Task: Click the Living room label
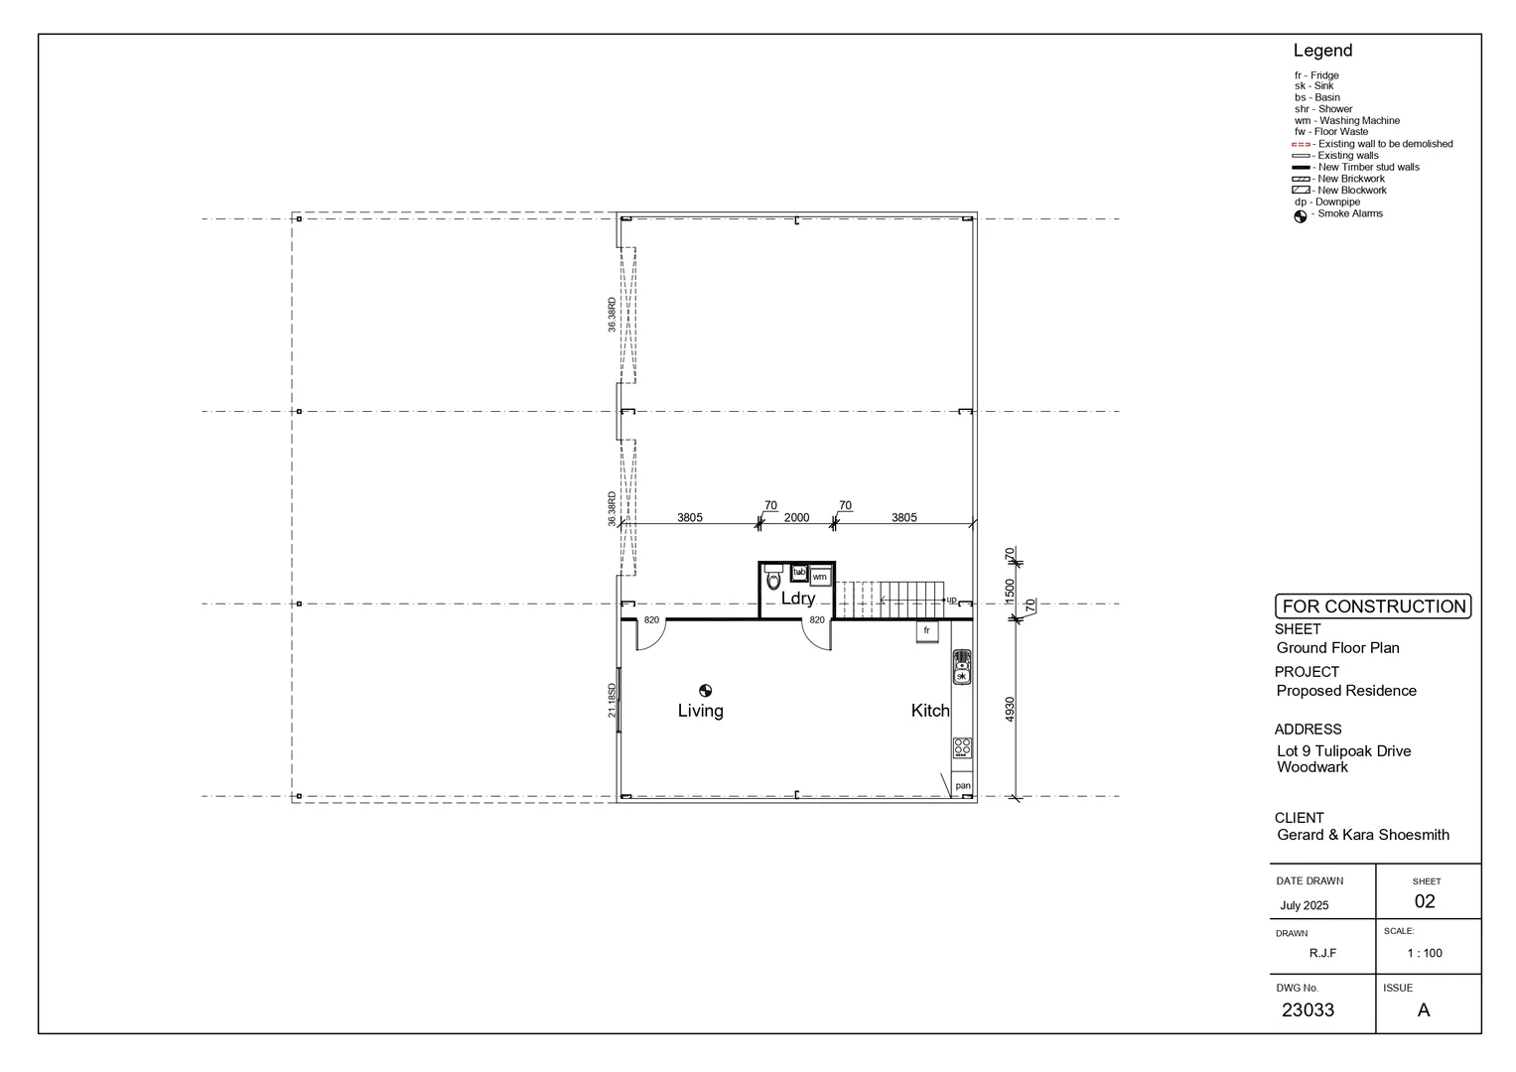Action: [x=700, y=711]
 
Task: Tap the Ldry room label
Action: [x=797, y=599]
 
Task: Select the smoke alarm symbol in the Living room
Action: [x=705, y=691]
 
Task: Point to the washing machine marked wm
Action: [x=819, y=577]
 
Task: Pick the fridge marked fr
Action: [x=926, y=630]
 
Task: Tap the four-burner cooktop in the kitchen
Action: [x=961, y=747]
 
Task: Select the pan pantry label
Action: [x=962, y=786]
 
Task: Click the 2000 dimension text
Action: [x=796, y=517]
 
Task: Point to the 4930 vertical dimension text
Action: [x=1011, y=709]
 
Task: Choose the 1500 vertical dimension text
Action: [x=1011, y=591]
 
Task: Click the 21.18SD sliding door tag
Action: [x=613, y=700]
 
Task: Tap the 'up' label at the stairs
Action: [x=951, y=600]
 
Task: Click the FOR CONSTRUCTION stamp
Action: [x=1373, y=606]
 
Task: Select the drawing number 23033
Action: [x=1308, y=1010]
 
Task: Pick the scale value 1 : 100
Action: [x=1425, y=953]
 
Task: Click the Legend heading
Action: [x=1322, y=51]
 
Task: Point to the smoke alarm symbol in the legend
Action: [x=1301, y=217]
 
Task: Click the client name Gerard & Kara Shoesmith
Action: [x=1362, y=835]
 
